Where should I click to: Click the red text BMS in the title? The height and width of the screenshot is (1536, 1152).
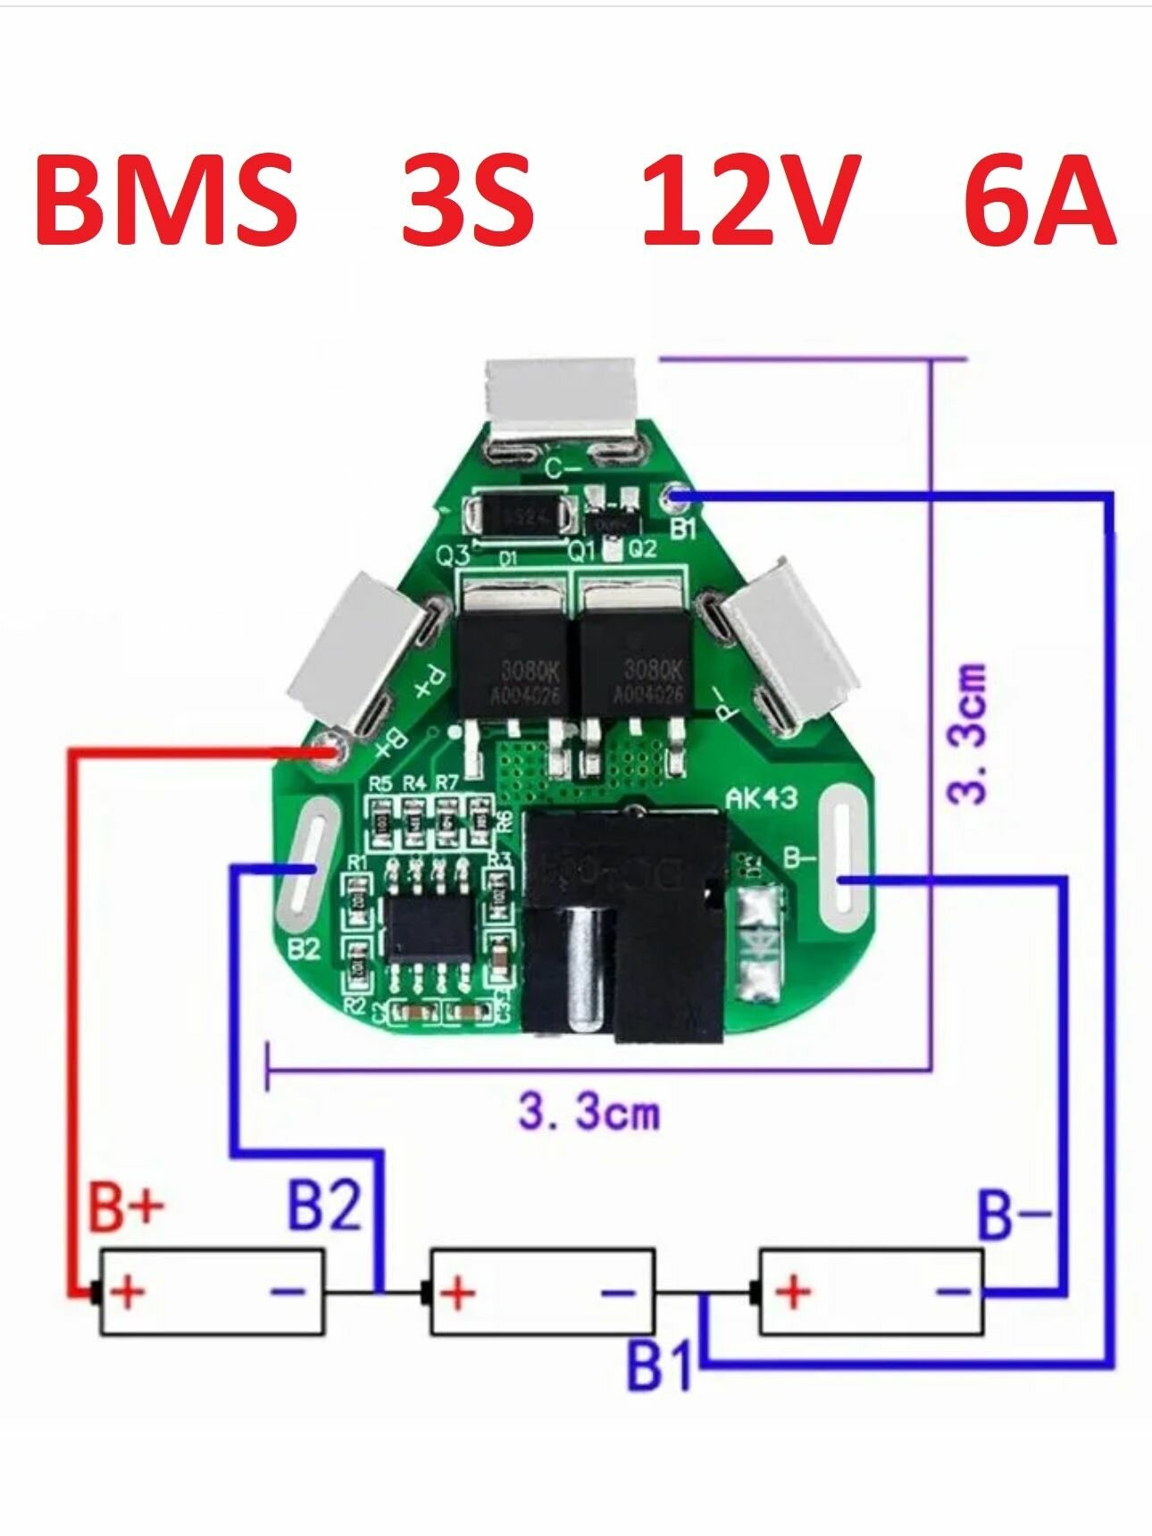[x=166, y=200]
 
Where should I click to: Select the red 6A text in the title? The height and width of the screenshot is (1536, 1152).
[x=1039, y=200]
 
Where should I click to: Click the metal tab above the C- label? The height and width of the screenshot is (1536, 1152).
[x=561, y=396]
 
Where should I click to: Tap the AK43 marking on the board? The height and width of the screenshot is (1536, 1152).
[x=761, y=797]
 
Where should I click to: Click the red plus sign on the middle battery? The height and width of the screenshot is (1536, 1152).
[x=458, y=1292]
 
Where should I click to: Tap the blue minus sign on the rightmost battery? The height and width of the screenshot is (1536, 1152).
[x=953, y=1291]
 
